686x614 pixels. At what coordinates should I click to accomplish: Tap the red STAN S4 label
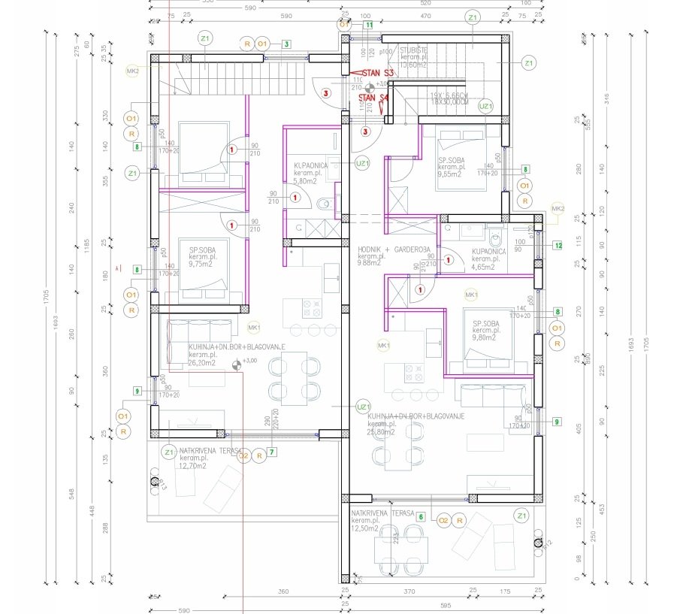point(373,98)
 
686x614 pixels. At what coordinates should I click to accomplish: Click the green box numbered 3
point(287,44)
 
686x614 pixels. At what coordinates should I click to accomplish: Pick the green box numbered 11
point(369,25)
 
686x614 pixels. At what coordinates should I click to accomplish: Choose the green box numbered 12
point(558,245)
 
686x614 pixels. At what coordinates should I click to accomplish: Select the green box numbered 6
point(421,516)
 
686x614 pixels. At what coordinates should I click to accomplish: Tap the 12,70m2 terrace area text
point(192,465)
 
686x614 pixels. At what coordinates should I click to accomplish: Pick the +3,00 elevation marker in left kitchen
point(238,366)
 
